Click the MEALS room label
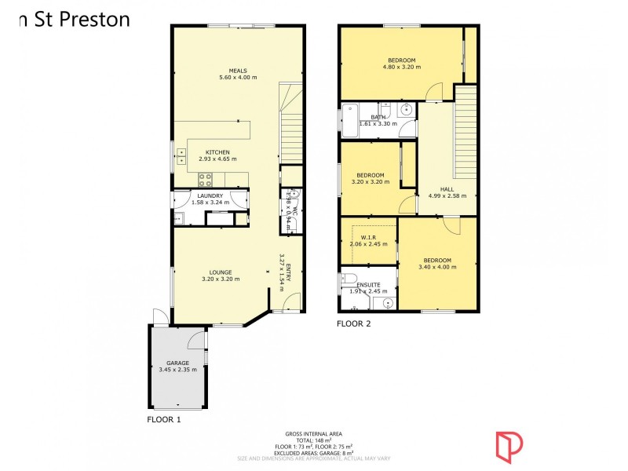(x=238, y=71)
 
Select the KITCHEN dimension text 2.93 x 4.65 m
(x=217, y=159)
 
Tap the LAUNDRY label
(x=210, y=195)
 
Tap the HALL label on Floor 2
(x=447, y=189)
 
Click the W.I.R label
(x=368, y=237)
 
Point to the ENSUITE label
(x=369, y=284)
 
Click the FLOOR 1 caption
(x=164, y=420)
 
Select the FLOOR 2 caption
(x=353, y=323)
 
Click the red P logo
(x=508, y=444)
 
